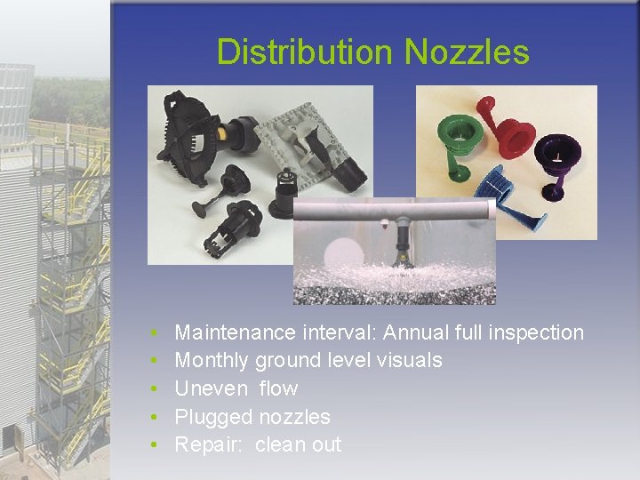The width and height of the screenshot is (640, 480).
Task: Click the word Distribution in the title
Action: (306, 52)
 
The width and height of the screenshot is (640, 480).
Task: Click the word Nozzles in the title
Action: (467, 52)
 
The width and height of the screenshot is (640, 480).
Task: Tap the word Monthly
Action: (212, 360)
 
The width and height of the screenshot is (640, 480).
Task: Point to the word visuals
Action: (407, 360)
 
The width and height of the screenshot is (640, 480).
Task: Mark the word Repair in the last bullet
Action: (205, 445)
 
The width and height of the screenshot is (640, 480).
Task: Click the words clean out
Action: (298, 445)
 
